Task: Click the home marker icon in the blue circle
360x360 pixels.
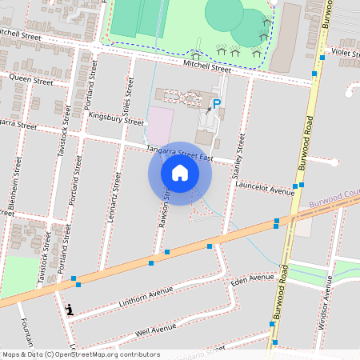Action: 179,172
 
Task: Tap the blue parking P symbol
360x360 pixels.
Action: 215,103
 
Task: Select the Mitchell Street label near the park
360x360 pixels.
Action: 206,66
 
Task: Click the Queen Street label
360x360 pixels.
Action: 31,80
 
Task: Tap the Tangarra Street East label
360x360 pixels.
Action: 179,153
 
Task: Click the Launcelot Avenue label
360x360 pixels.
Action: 266,189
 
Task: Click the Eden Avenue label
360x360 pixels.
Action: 252,280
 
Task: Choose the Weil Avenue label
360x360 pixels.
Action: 156,329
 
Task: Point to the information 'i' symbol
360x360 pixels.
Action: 70,309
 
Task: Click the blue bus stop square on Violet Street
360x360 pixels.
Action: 322,58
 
